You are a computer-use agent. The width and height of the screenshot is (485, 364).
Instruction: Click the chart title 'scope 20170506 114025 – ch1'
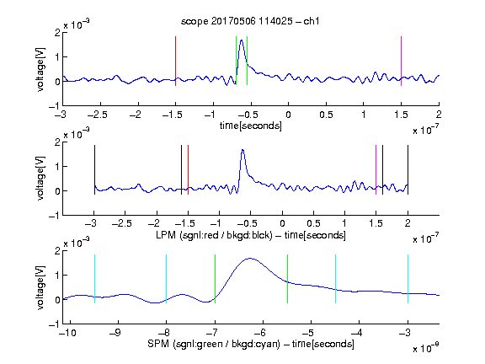pyautogui.click(x=250, y=21)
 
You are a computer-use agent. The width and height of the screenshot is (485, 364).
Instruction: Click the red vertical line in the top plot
pyautogui.click(x=175, y=61)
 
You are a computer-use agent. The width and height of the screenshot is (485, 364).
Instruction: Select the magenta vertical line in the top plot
pyautogui.click(x=401, y=61)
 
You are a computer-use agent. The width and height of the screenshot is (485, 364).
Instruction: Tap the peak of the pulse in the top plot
pyautogui.click(x=242, y=40)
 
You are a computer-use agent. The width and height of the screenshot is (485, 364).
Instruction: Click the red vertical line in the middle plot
pyautogui.click(x=188, y=169)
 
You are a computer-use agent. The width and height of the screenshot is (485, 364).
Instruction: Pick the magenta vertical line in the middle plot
pyautogui.click(x=376, y=169)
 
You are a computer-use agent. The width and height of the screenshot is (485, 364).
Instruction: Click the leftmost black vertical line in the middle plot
pyautogui.click(x=94, y=169)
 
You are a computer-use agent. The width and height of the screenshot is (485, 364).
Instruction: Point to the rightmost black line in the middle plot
pyautogui.click(x=408, y=169)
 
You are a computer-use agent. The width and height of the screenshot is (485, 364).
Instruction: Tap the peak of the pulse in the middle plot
pyautogui.click(x=242, y=150)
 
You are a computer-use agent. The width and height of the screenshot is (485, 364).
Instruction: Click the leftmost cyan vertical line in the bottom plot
pyautogui.click(x=94, y=279)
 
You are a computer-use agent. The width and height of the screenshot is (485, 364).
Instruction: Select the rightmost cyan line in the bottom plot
pyautogui.click(x=408, y=279)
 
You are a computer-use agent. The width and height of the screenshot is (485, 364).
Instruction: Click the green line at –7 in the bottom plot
pyautogui.click(x=215, y=279)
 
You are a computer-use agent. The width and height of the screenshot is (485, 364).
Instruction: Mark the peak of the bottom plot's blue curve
pyautogui.click(x=250, y=259)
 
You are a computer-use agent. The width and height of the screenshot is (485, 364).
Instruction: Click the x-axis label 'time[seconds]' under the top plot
pyautogui.click(x=251, y=126)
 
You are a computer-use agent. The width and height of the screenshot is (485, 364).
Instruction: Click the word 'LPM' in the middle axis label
pyautogui.click(x=166, y=235)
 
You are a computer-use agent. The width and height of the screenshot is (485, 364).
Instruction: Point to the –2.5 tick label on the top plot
pyautogui.click(x=97, y=115)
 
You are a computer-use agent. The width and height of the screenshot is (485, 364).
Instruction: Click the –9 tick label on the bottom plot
pyautogui.click(x=115, y=333)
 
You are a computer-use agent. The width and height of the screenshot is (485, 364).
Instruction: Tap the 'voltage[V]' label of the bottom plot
pyautogui.click(x=40, y=287)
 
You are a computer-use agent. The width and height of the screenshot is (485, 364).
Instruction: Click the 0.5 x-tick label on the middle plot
pyautogui.click(x=313, y=223)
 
